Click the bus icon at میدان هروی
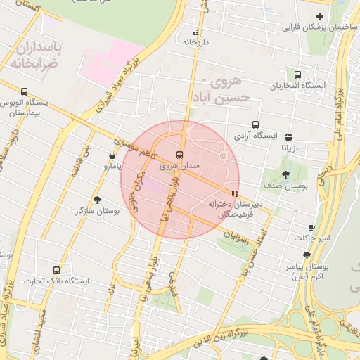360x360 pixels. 179,155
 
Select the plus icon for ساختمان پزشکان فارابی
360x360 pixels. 320,16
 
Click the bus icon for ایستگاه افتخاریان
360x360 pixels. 298,75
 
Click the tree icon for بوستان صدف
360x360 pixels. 285,174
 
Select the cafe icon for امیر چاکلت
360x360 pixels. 312,228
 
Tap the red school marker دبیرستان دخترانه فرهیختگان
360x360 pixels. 234,193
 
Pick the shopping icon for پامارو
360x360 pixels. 112,155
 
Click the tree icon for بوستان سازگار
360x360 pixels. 98,200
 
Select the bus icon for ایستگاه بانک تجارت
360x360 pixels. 56,269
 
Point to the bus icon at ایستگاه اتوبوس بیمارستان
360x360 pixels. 25,91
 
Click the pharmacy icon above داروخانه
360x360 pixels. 195,32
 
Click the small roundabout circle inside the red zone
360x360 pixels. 224,155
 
